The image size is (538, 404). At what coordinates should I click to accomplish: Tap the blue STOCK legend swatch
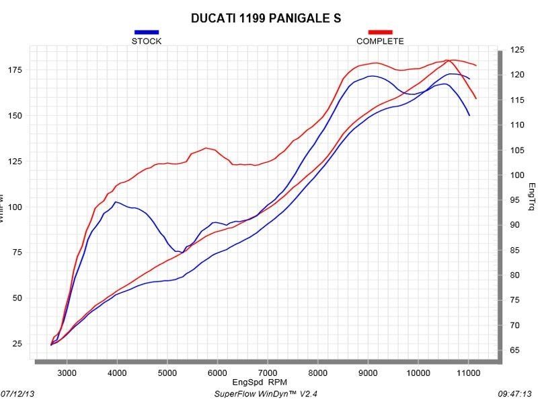(147, 32)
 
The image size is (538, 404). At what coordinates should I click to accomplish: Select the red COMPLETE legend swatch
(380, 32)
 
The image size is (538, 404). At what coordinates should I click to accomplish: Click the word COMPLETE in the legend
(380, 41)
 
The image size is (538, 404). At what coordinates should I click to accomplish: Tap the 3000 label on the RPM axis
(67, 371)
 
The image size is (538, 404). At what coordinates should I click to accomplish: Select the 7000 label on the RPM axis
(268, 371)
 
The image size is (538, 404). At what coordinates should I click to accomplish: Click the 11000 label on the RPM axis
(469, 371)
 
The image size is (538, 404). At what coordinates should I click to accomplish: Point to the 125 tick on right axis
(517, 50)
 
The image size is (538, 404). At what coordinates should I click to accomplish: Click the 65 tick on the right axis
(515, 351)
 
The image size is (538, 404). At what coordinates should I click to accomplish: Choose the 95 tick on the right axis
(515, 200)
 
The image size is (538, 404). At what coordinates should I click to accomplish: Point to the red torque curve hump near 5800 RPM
(206, 148)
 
